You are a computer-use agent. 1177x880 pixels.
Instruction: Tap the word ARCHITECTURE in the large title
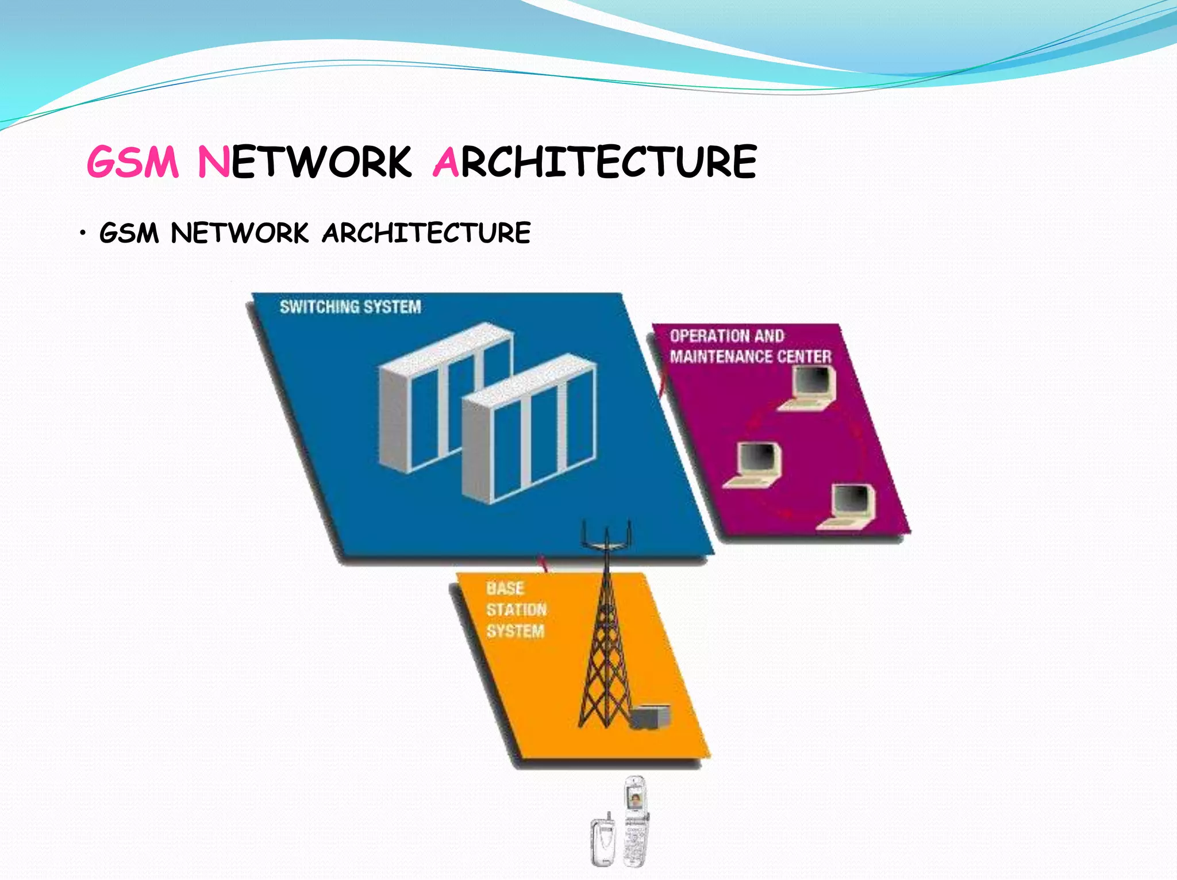pyautogui.click(x=595, y=162)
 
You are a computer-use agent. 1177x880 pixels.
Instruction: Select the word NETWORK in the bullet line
pyautogui.click(x=240, y=233)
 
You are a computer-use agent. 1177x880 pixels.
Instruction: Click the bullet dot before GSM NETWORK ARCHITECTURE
pyautogui.click(x=83, y=233)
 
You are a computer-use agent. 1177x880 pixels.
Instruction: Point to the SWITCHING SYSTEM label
pyautogui.click(x=350, y=307)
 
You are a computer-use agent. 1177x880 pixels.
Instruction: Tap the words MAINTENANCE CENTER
pyautogui.click(x=750, y=357)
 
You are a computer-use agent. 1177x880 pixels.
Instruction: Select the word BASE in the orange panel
pyautogui.click(x=505, y=589)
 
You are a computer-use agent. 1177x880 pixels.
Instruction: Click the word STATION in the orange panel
pyautogui.click(x=516, y=610)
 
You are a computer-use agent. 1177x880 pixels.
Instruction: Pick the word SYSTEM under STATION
pyautogui.click(x=515, y=631)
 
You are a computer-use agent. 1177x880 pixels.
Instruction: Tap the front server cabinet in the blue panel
pyautogui.click(x=529, y=431)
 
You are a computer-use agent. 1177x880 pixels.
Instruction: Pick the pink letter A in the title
pyautogui.click(x=446, y=162)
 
